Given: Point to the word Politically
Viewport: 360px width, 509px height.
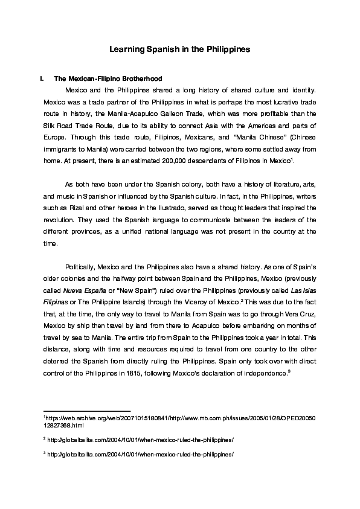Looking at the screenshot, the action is (80, 268).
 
